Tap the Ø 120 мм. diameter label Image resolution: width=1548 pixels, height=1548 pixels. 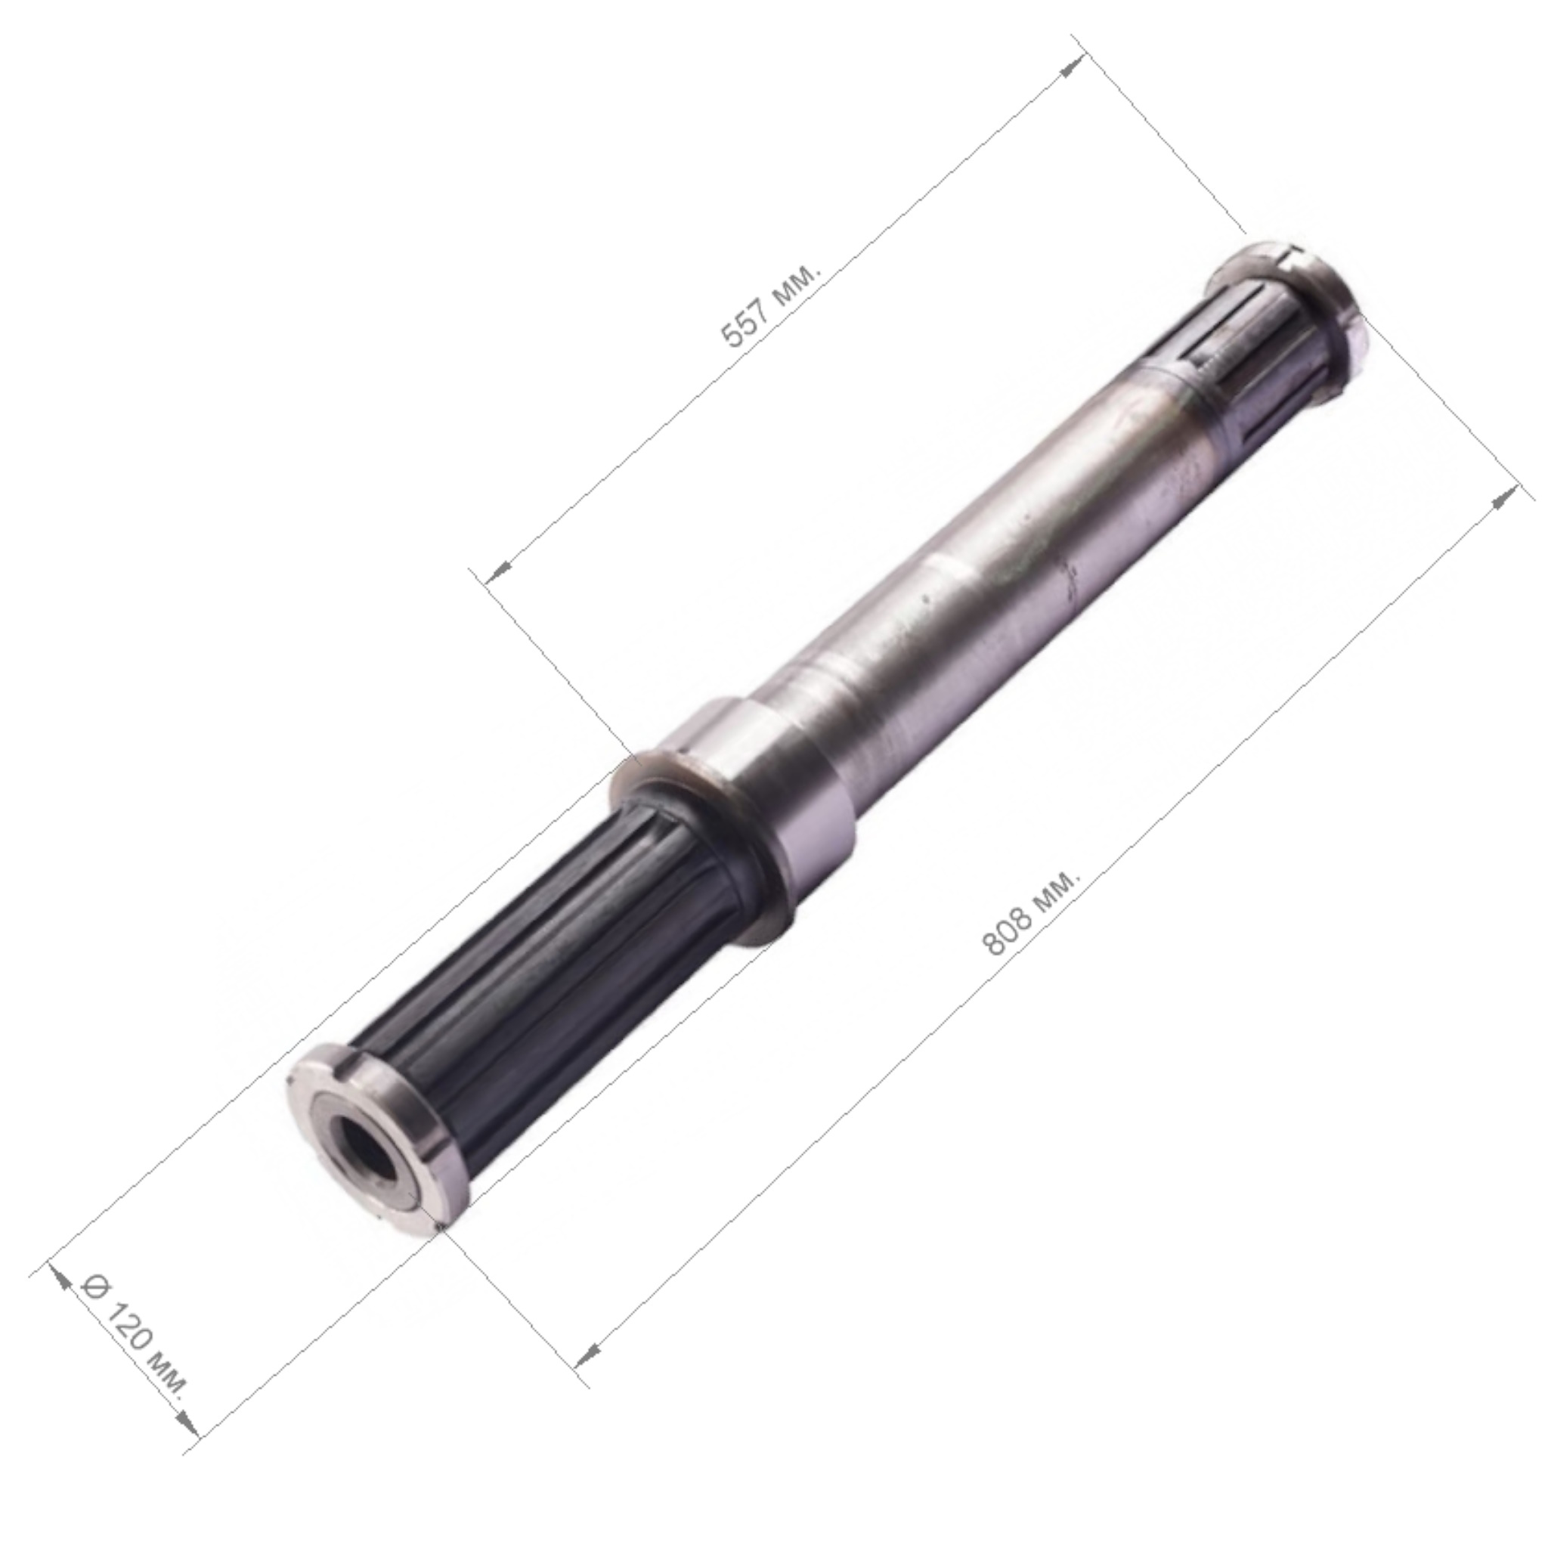point(135,1348)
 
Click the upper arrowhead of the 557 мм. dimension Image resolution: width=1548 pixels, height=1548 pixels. point(1072,67)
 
